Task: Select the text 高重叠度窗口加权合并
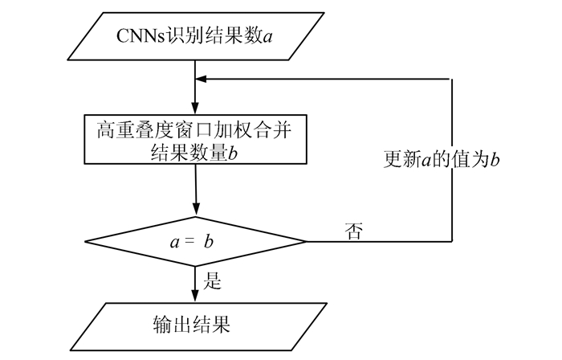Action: click(x=196, y=129)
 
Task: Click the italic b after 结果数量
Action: click(x=234, y=153)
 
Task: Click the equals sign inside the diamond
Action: click(x=189, y=241)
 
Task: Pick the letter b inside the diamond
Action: click(x=208, y=241)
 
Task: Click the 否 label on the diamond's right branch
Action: click(x=352, y=232)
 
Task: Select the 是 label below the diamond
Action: click(x=214, y=281)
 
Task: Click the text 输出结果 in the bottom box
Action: click(x=191, y=325)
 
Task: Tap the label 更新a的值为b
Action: click(x=442, y=159)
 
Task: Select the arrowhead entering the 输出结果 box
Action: click(x=195, y=297)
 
